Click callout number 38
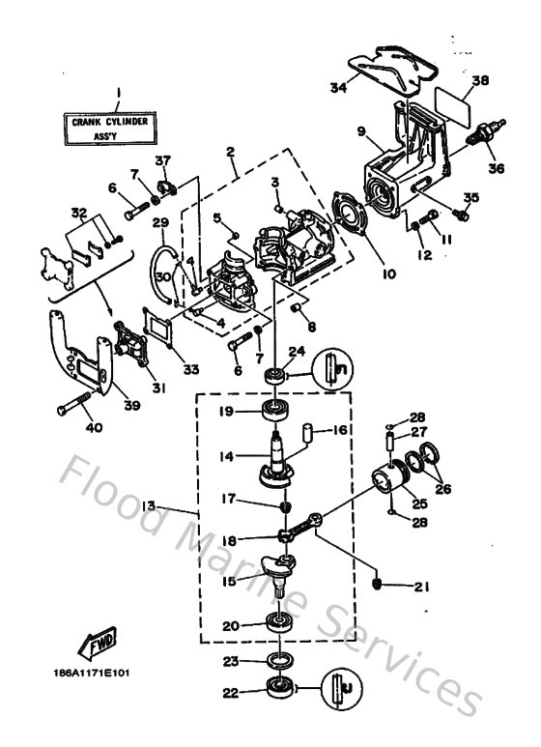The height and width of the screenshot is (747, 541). pyautogui.click(x=480, y=82)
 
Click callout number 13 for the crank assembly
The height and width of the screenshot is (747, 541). pyautogui.click(x=175, y=505)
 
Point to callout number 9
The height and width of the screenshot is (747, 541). pyautogui.click(x=360, y=130)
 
